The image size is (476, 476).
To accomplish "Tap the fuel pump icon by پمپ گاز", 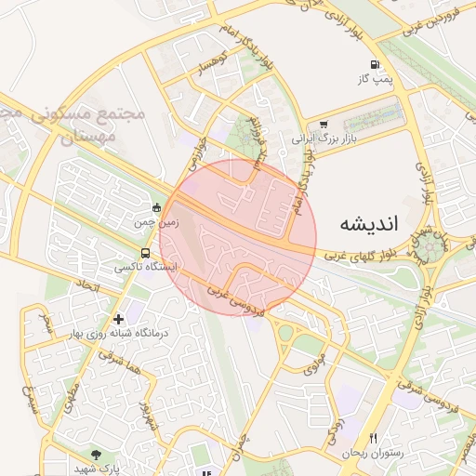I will pos(375,65).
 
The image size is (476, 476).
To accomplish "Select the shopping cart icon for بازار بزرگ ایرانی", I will pos(324,124).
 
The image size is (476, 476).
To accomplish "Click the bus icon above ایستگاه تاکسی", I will pos(145,252).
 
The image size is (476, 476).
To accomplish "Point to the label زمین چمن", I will pos(130,223).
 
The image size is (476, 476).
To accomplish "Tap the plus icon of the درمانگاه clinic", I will pos(118,319).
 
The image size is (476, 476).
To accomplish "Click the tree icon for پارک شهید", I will pos(96,455).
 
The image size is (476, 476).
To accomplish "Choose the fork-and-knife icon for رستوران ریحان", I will pos(374,438).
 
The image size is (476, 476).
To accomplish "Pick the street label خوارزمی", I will pos(194,154).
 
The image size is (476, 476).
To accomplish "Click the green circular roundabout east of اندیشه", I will pos(429,248).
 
